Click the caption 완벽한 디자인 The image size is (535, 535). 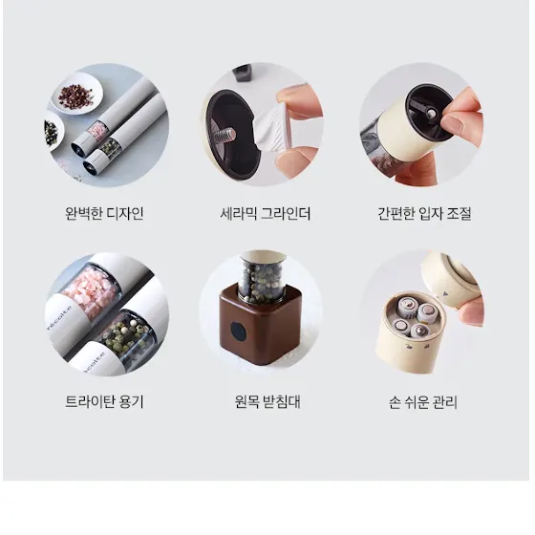(x=104, y=214)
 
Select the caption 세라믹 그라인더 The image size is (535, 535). (x=266, y=214)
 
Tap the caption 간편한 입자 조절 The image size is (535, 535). (x=424, y=214)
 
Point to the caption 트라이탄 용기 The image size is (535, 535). (x=104, y=401)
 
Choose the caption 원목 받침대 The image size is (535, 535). (x=267, y=401)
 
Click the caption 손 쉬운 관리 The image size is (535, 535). (x=422, y=402)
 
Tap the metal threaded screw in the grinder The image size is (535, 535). (x=226, y=135)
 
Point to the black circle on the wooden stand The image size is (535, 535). (x=238, y=332)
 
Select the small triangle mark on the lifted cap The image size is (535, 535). (x=444, y=293)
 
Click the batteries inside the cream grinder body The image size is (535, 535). (x=414, y=316)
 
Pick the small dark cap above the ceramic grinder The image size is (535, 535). (x=243, y=73)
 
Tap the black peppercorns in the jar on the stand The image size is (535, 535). (x=262, y=281)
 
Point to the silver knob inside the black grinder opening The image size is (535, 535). (x=431, y=114)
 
